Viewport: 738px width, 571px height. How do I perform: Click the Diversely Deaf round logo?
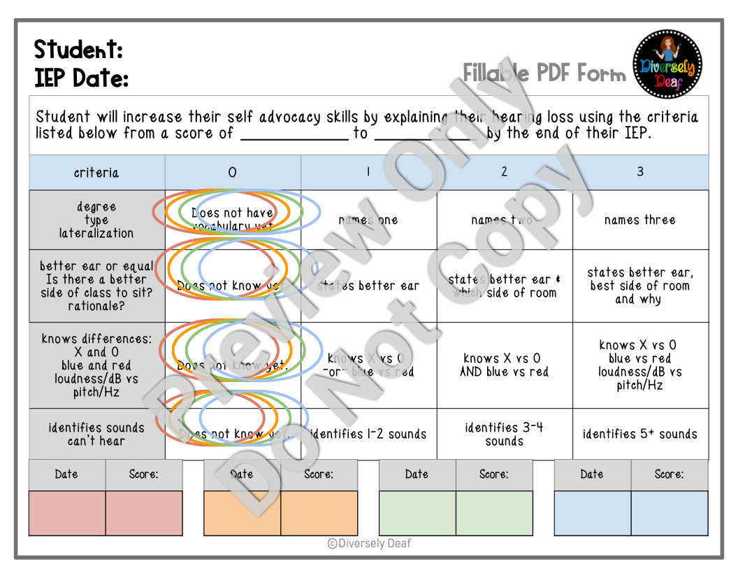(667, 64)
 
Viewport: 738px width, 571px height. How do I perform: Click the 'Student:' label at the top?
(78, 50)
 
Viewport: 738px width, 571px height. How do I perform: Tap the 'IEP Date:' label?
(81, 78)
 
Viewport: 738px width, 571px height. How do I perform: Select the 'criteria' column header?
(96, 172)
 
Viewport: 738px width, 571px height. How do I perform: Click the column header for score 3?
(640, 172)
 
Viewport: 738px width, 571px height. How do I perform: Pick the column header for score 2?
(505, 172)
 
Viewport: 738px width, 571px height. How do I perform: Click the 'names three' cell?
(640, 220)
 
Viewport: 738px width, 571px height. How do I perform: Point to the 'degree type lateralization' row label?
(96, 220)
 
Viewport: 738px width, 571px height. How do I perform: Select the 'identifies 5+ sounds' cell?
(640, 434)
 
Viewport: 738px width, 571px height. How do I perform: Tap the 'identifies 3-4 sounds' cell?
(505, 434)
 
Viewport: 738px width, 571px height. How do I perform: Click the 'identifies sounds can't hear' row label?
(96, 434)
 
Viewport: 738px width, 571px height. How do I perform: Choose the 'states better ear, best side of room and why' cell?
(640, 285)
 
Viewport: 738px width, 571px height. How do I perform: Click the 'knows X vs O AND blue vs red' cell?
(505, 365)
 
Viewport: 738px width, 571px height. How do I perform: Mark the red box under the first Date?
(67, 513)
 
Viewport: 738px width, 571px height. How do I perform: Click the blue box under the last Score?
(669, 513)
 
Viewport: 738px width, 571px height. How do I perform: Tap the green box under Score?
(493, 513)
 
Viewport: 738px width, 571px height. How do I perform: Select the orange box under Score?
(319, 513)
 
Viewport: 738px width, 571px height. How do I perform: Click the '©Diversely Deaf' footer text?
(369, 543)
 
